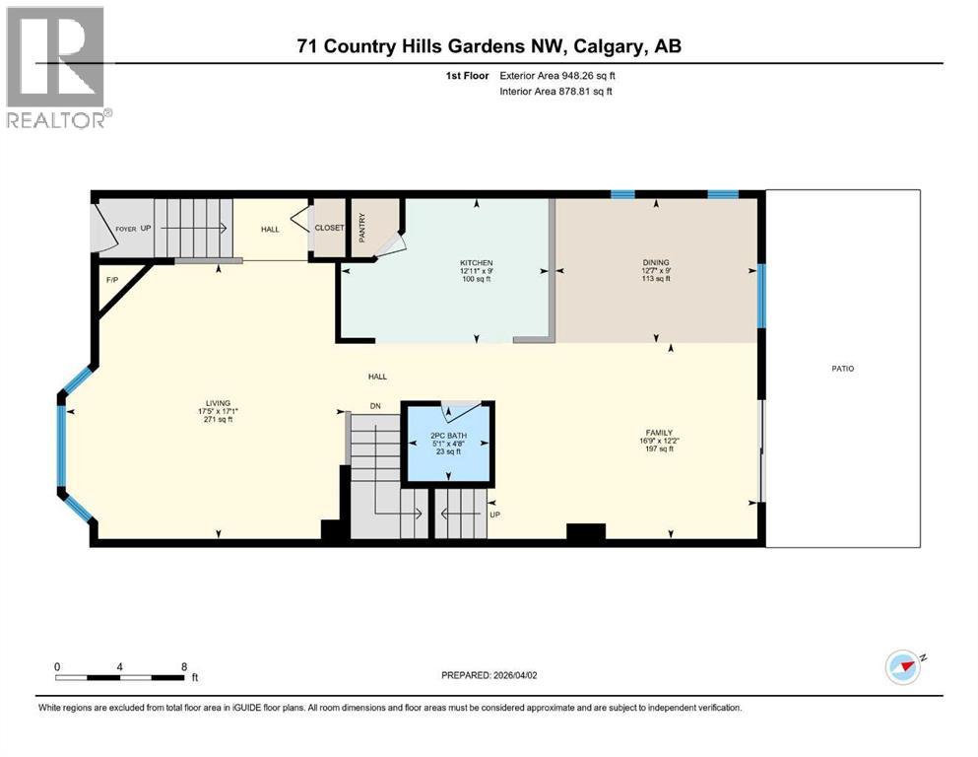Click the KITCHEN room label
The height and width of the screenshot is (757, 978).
coord(475,263)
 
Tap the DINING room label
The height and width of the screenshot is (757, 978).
coord(649,263)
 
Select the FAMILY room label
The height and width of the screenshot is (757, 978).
coord(659,432)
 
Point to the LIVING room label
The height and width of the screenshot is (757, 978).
coord(218,403)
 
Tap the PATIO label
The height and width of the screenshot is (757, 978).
coord(841,369)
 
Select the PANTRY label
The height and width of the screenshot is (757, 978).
coord(362,225)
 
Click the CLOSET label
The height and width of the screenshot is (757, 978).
coord(329,228)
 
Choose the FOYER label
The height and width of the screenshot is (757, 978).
coord(125,228)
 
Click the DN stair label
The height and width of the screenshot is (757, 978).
coord(375,405)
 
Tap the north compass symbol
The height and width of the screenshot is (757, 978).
coord(904,667)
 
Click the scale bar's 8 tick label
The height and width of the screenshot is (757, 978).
coord(183,667)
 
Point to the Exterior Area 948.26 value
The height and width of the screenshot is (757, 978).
coord(580,75)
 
